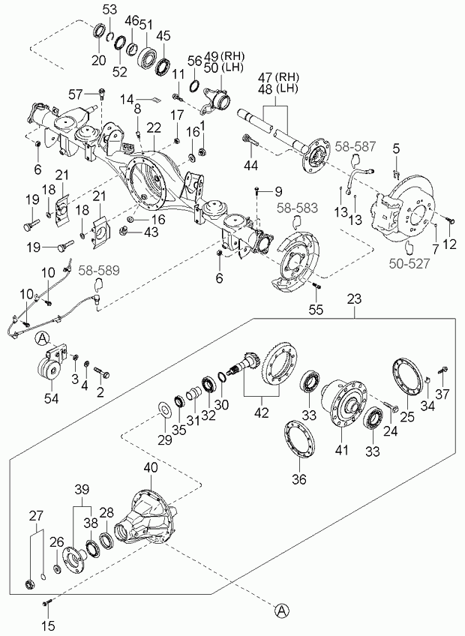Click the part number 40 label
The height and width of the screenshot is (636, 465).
[x=151, y=468]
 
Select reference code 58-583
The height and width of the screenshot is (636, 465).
[x=298, y=208]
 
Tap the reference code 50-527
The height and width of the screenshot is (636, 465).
[x=409, y=264]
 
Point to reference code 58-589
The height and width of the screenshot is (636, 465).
[x=99, y=271]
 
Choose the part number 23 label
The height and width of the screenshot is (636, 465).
[x=354, y=299]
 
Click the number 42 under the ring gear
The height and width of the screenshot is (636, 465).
[x=262, y=412]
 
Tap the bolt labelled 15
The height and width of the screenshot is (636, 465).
[x=46, y=604]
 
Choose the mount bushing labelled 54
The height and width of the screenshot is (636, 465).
[x=49, y=367]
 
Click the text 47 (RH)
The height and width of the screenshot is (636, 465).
[x=279, y=76]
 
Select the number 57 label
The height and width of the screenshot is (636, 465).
[x=76, y=95]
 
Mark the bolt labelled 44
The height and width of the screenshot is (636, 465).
[x=250, y=141]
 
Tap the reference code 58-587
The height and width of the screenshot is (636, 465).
[x=355, y=146]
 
